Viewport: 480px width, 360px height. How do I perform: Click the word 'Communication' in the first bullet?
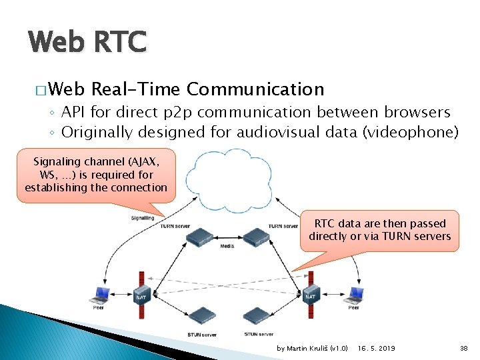[255, 89]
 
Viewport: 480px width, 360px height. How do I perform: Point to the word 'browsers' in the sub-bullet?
[417, 112]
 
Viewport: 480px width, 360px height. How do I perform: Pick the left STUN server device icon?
[201, 315]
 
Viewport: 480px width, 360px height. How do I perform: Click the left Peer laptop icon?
[101, 293]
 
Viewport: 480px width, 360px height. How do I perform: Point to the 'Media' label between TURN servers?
[227, 246]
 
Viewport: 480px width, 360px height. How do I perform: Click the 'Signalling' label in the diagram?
[142, 217]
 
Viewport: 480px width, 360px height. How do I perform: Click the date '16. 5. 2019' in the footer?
[377, 348]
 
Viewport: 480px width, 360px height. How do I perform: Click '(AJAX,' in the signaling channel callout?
[145, 161]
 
